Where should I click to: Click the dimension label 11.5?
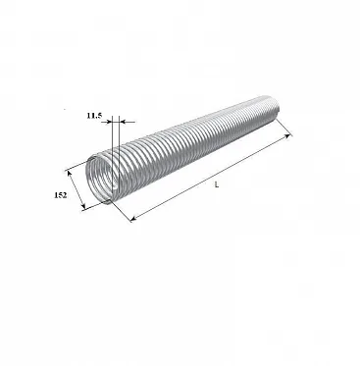tap(94, 116)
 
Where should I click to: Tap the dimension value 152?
tap(61, 195)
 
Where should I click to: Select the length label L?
tap(217, 184)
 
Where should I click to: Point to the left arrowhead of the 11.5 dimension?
tap(109, 122)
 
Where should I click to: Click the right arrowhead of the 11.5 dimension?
tap(123, 122)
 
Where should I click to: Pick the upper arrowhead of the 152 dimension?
tap(69, 173)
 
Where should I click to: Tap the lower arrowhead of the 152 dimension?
tap(83, 206)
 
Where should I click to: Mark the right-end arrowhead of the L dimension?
tap(287, 135)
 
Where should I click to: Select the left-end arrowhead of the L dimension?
tap(133, 219)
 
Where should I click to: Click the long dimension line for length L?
tap(210, 177)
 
